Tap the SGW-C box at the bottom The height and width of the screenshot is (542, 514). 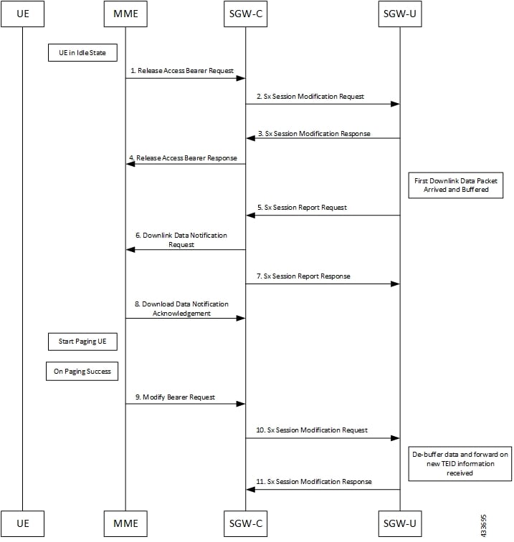tap(245, 523)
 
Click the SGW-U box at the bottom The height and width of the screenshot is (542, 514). tap(399, 523)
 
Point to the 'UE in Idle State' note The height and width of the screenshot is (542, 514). tap(82, 52)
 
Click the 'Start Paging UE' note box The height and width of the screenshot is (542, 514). tap(82, 342)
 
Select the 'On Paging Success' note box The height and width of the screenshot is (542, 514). tap(82, 372)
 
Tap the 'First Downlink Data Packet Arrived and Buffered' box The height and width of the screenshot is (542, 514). tap(456, 185)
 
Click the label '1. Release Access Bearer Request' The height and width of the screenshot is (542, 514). tap(182, 70)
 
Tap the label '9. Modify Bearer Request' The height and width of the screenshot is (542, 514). tap(178, 397)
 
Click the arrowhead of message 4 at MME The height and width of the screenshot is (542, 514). tap(130, 164)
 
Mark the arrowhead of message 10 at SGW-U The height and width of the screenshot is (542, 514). tap(395, 439)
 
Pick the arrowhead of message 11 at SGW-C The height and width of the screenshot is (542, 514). tap(250, 490)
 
